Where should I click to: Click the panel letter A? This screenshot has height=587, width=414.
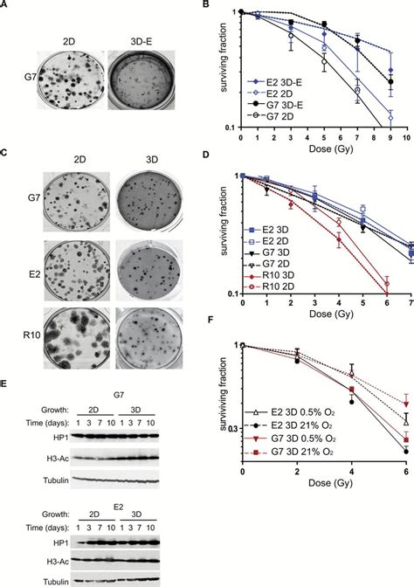(x=5, y=5)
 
